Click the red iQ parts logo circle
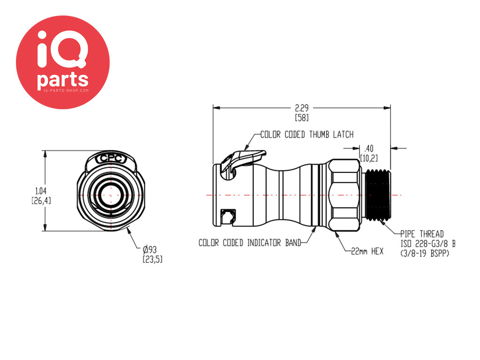point(63,62)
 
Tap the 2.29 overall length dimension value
point(301,108)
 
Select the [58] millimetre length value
point(301,118)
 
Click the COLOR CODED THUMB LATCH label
point(307,135)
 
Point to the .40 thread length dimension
point(368,149)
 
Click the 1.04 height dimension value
point(41,191)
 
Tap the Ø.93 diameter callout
point(150,249)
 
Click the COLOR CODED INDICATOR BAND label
point(249,243)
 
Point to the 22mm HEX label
point(367,251)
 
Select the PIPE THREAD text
point(422,234)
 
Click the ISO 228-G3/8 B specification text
point(428,244)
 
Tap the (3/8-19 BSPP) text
point(425,254)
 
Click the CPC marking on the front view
point(111,159)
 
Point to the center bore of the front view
point(111,195)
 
